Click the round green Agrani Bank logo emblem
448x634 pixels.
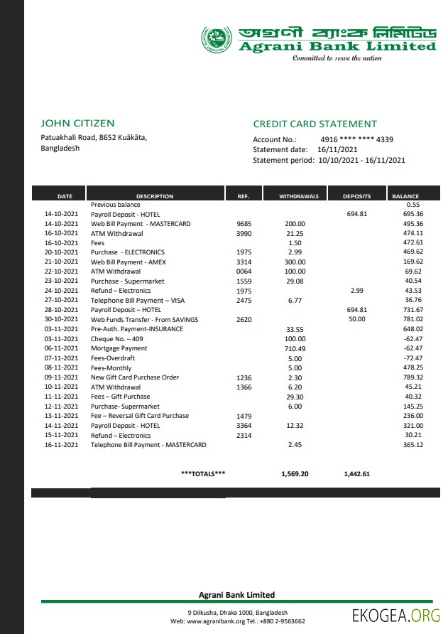click(x=216, y=40)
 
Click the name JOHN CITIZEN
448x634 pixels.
click(x=77, y=123)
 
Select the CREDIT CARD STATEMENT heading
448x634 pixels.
click(x=315, y=124)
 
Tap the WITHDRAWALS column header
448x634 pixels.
click(x=298, y=196)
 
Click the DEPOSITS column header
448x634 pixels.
click(x=356, y=196)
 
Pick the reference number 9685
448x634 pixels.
click(x=244, y=224)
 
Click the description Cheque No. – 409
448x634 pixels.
click(x=116, y=339)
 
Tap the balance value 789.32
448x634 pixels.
click(x=413, y=377)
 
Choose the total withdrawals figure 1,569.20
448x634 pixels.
click(x=295, y=473)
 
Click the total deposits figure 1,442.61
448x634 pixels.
click(x=356, y=473)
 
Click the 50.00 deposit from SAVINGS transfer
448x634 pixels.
click(x=356, y=320)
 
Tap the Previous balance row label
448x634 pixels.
click(x=115, y=205)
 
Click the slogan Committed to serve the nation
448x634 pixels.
click(x=337, y=58)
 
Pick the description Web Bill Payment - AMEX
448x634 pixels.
click(x=128, y=262)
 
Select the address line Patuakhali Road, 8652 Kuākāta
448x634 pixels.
click(x=94, y=138)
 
